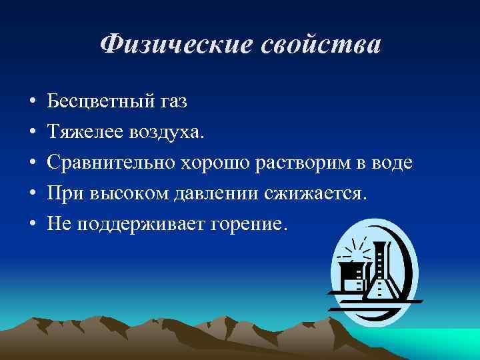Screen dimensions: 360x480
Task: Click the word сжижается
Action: [316, 194]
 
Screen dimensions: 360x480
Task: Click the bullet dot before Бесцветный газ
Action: [32, 103]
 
